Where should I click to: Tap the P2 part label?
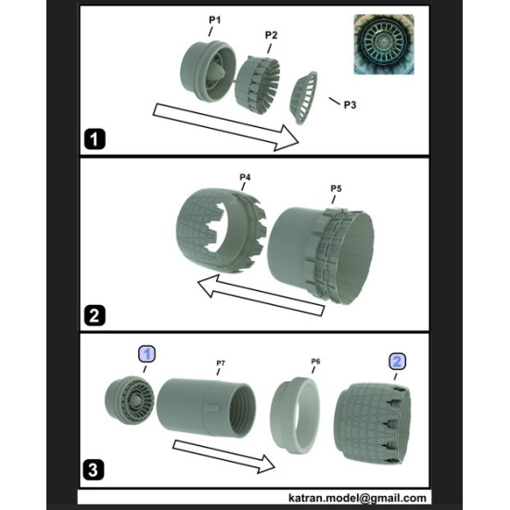tap(271, 34)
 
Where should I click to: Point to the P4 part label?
tap(245, 175)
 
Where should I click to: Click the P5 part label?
tap(337, 189)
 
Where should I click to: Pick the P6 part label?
tap(314, 362)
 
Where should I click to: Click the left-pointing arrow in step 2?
tap(256, 291)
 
